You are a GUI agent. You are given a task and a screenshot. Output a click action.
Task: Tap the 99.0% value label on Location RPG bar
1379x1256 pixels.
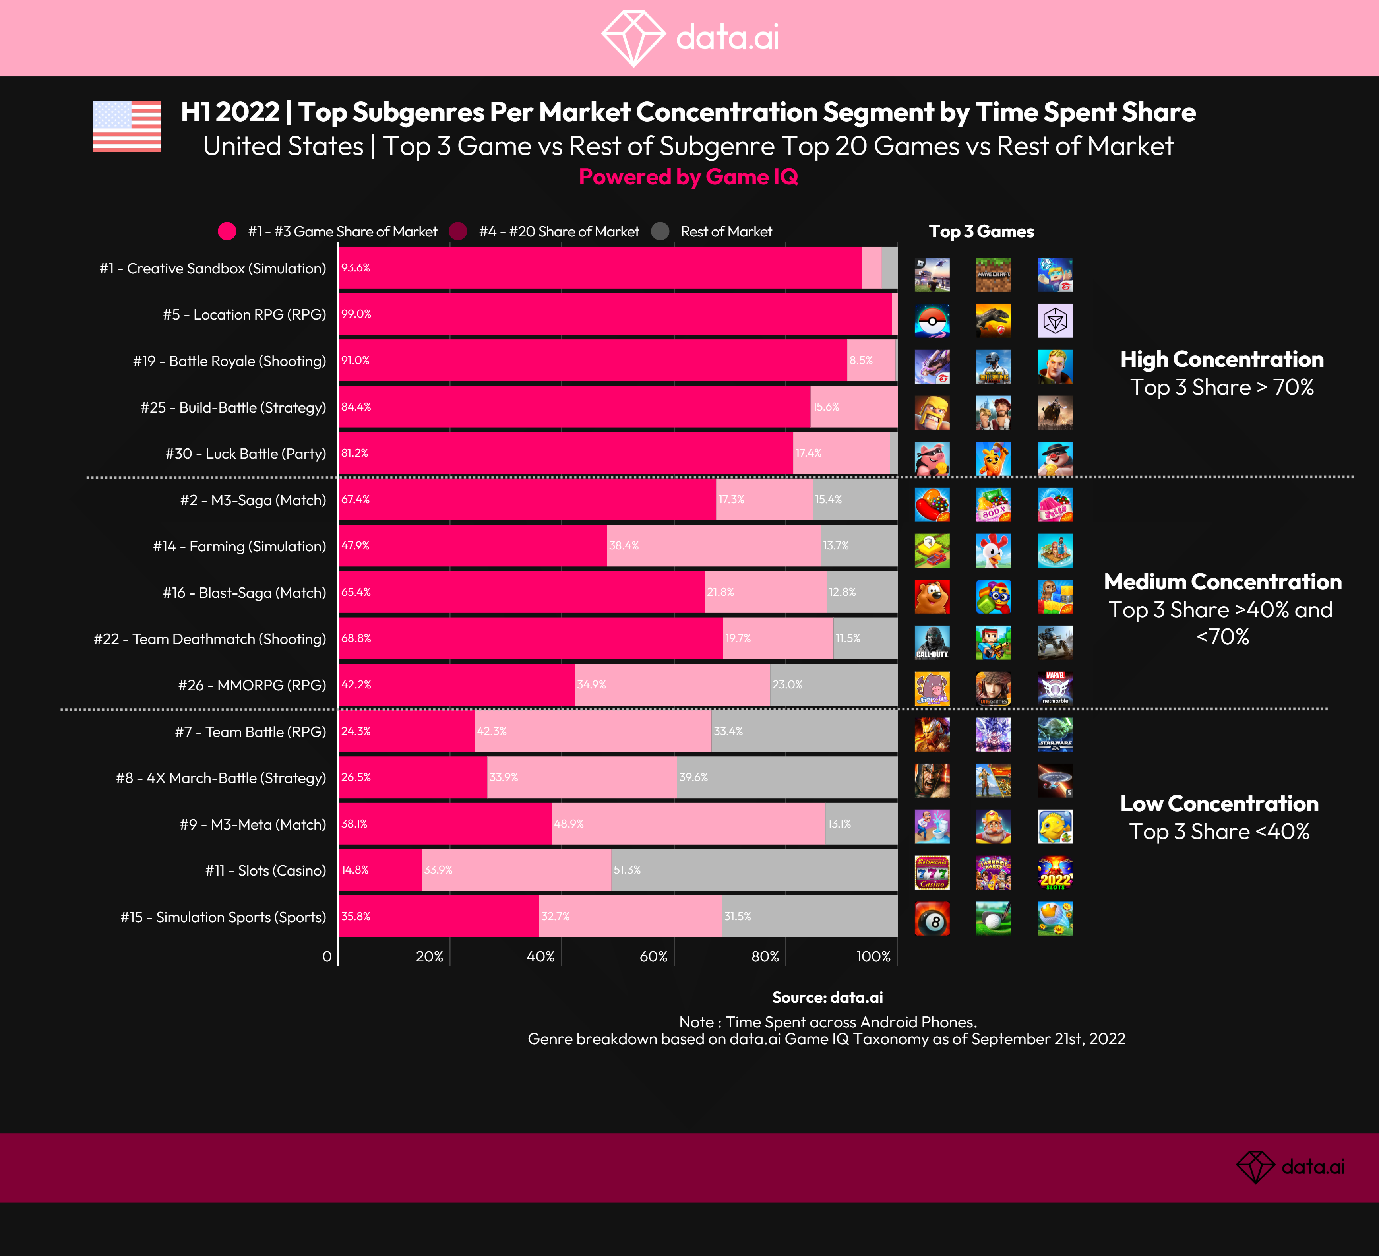tap(356, 314)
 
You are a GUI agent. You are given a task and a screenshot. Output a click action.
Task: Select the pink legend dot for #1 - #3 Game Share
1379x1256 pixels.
tap(227, 231)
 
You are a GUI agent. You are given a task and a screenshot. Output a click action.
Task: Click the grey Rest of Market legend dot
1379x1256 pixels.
tap(660, 231)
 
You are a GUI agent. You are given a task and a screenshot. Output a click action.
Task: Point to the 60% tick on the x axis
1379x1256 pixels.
tap(653, 956)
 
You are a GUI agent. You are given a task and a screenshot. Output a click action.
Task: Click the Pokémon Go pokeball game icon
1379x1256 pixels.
tap(932, 321)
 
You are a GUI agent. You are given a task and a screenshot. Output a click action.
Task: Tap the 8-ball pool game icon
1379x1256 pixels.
tap(932, 919)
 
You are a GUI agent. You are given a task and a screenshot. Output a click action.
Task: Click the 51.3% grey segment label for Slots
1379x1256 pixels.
tap(627, 870)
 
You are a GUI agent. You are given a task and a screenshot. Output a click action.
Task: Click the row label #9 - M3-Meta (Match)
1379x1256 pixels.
tap(252, 824)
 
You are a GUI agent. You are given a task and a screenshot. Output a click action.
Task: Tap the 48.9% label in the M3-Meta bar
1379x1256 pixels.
tap(568, 824)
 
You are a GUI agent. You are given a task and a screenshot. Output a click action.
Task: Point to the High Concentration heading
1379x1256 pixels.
tap(1222, 359)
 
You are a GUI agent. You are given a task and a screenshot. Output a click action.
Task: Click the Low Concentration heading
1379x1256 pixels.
tap(1219, 803)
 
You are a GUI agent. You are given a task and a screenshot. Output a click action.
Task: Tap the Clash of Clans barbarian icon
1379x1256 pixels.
tap(932, 413)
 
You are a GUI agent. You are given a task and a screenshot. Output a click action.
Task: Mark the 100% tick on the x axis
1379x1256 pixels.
tap(873, 956)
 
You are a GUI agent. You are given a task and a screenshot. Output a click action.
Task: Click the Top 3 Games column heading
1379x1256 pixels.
tap(981, 231)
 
